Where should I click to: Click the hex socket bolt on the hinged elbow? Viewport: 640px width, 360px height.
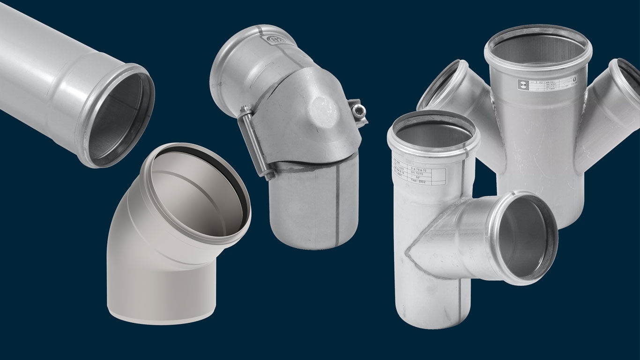click(358, 111)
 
